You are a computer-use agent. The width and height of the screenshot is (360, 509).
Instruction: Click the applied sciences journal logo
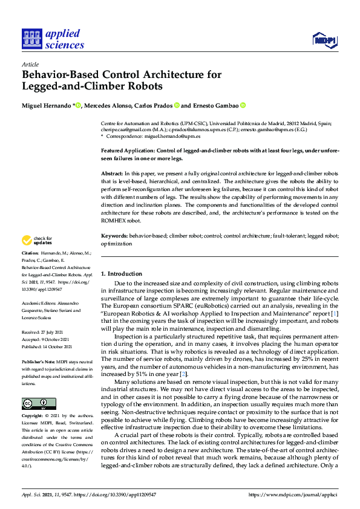pyautogui.click(x=53, y=37)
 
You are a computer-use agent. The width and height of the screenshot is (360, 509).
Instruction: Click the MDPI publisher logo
pyautogui.click(x=324, y=40)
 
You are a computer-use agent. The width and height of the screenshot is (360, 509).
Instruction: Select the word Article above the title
pyautogui.click(x=30, y=64)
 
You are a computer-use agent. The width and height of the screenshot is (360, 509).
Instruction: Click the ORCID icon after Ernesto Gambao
pyautogui.click(x=243, y=105)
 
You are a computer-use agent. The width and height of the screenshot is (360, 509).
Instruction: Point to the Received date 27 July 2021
pyautogui.click(x=45, y=332)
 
